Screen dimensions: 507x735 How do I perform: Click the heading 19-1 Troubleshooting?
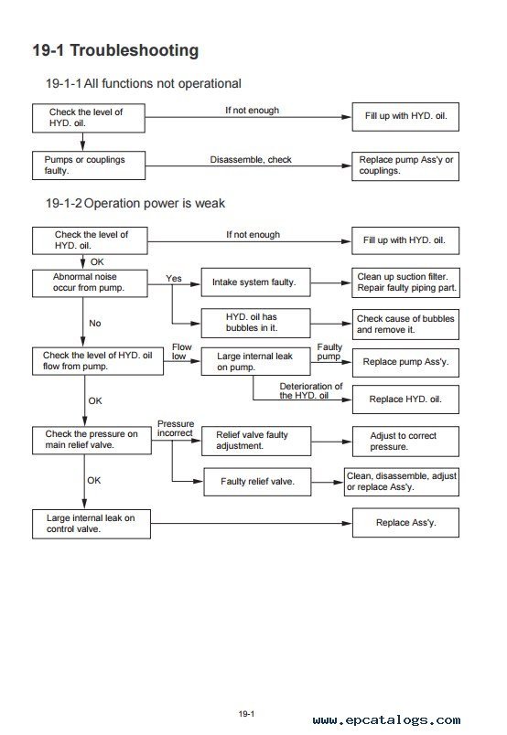coord(115,50)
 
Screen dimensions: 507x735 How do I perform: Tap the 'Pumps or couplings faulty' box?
coord(89,165)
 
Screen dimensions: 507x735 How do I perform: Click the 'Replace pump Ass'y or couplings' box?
coord(405,166)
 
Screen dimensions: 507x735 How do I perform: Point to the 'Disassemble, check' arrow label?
coord(251,159)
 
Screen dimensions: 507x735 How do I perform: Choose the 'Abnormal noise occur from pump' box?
coord(90,283)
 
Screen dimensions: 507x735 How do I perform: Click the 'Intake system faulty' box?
coord(256,282)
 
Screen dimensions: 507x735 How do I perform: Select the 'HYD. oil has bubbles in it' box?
coord(256,323)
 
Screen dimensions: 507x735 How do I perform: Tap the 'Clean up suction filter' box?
coord(405,282)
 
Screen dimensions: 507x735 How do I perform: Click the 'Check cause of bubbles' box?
coord(405,324)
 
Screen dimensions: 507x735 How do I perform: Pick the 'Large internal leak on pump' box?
coord(256,361)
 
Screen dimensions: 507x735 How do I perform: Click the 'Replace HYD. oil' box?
coord(405,399)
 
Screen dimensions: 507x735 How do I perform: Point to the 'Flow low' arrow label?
coord(181,352)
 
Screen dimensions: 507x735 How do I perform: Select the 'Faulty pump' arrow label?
coord(329,352)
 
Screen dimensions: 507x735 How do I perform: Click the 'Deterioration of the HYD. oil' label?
coord(311,390)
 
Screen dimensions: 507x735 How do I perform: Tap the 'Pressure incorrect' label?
coord(176,428)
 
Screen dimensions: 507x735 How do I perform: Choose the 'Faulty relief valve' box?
coord(257,482)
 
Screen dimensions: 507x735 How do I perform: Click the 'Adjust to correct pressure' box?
coord(405,442)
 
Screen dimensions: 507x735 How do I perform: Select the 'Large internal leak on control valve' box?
coord(92,524)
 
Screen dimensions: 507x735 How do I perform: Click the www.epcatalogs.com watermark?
coord(386,719)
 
